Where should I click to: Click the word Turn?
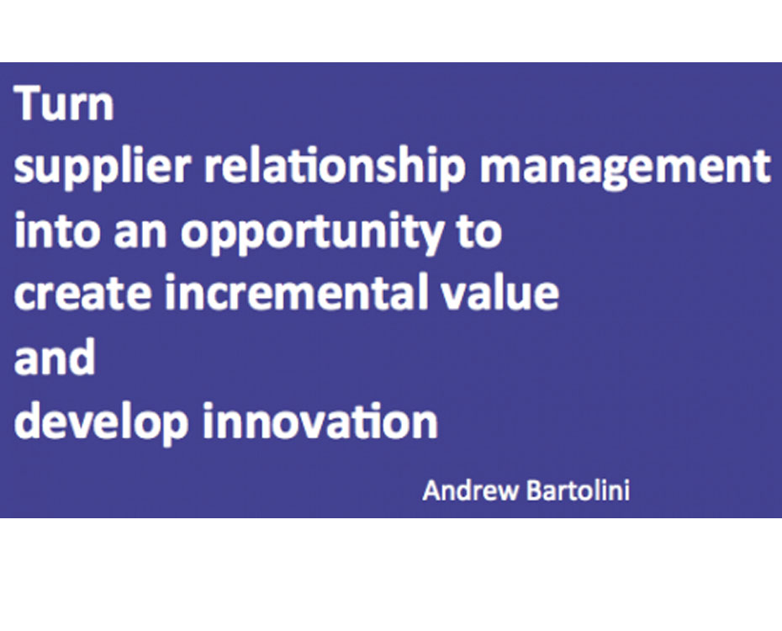pyautogui.click(x=65, y=103)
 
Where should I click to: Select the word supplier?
pyautogui.click(x=103, y=167)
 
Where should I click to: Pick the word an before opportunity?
pyautogui.click(x=140, y=234)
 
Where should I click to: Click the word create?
pyautogui.click(x=82, y=294)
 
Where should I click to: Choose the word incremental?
pyautogui.click(x=297, y=291)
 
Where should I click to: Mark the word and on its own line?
pyautogui.click(x=55, y=356)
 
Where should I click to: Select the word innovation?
pyautogui.click(x=320, y=420)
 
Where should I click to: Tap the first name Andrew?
pyautogui.click(x=470, y=490)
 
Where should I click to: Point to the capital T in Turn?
pyautogui.click(x=30, y=103)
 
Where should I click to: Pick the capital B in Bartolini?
pyautogui.click(x=535, y=490)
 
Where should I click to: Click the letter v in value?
pyautogui.click(x=454, y=296)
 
